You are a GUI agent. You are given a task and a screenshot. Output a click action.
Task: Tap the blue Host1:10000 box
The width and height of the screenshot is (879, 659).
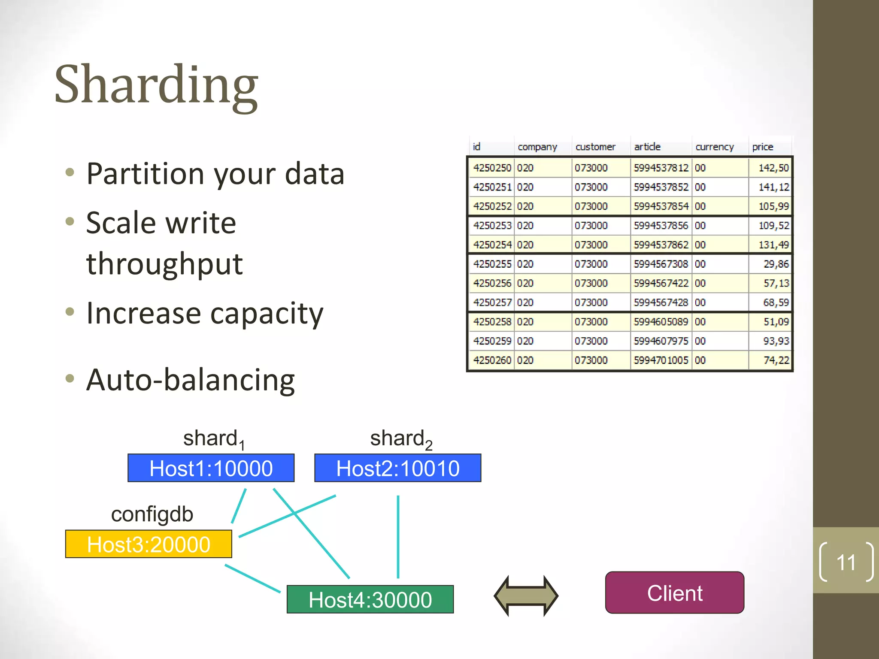click(211, 468)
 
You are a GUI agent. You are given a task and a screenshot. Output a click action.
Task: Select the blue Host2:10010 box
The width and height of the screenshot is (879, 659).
click(397, 468)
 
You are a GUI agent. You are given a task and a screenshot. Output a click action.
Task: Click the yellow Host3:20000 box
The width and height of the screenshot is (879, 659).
click(149, 544)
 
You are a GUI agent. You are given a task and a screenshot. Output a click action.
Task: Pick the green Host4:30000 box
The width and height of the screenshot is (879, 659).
click(370, 599)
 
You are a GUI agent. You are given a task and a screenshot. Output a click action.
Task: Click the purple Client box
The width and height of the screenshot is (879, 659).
click(674, 593)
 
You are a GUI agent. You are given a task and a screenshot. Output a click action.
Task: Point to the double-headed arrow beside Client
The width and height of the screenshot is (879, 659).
click(526, 596)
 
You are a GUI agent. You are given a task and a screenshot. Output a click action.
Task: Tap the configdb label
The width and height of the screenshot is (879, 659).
click(152, 514)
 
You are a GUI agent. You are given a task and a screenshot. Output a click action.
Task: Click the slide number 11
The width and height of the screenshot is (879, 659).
click(846, 562)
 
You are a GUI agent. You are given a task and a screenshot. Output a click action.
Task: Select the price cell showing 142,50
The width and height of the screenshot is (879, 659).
click(773, 168)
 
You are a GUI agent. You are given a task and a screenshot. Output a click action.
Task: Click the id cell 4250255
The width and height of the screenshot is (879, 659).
click(492, 264)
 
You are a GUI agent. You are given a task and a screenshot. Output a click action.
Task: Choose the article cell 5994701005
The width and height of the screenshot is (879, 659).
click(661, 360)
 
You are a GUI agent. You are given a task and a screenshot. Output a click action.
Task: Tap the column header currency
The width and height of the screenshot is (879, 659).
click(714, 147)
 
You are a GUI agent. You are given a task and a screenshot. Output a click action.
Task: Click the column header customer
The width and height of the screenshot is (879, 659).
click(595, 147)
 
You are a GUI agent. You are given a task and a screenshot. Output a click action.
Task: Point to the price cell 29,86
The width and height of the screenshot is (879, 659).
click(776, 264)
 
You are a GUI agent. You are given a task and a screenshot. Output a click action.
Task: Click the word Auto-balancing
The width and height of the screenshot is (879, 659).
click(190, 380)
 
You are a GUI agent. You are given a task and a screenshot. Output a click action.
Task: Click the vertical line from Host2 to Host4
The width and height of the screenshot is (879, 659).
click(398, 536)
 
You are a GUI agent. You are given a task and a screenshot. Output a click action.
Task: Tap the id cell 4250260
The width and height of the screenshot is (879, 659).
click(492, 360)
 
